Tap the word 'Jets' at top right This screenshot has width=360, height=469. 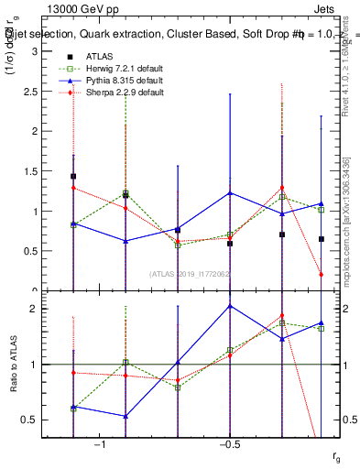[325, 9]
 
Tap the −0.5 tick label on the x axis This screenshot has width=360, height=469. [228, 444]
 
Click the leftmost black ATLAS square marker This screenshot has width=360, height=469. [73, 176]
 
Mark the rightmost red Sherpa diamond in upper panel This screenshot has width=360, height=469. [322, 274]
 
